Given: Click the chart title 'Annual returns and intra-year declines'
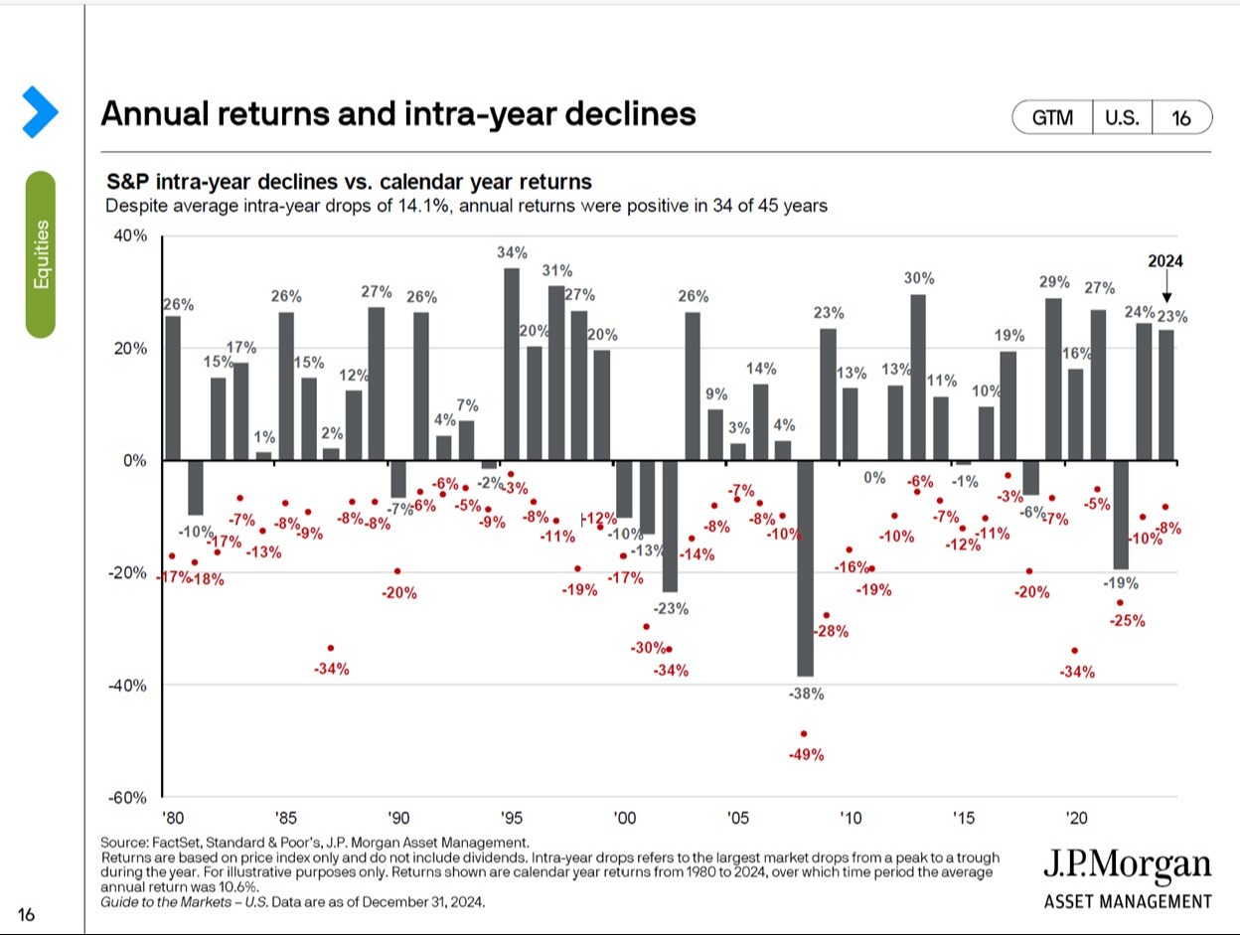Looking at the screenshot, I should coord(397,114).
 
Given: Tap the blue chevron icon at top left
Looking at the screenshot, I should coord(40,111).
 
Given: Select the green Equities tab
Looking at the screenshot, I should coord(41,254).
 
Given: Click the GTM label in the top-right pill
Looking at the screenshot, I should coord(1052,117).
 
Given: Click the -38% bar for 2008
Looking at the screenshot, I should coord(805,566).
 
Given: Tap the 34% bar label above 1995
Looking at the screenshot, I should coord(512,252).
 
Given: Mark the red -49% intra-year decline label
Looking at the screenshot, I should coord(806,755).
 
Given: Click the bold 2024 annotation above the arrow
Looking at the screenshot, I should coord(1166,262).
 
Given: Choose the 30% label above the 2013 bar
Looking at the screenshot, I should coord(918,279).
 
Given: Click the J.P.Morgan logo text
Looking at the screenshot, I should coord(1128,865).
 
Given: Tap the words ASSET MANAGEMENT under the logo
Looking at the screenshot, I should coord(1128,902).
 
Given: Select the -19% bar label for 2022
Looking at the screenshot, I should coord(1121,584).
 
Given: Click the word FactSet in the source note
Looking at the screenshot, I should coord(179,843).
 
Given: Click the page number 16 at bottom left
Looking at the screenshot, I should coord(27,914).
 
